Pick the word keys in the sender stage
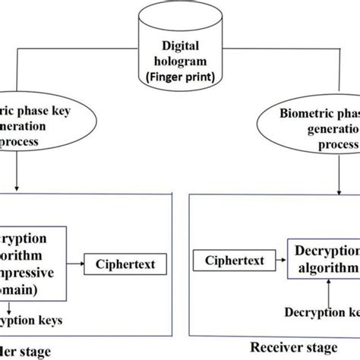tap(59, 321)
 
